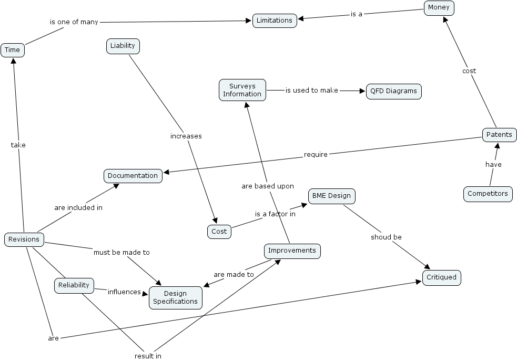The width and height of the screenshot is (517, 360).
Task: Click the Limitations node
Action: pyautogui.click(x=275, y=21)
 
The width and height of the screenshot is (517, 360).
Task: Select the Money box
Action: pyautogui.click(x=439, y=8)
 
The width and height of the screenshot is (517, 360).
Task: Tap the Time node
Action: pyautogui.click(x=12, y=50)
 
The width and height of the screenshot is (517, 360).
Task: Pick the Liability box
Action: pyautogui.click(x=123, y=46)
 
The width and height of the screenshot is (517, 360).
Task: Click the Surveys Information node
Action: pyautogui.click(x=242, y=90)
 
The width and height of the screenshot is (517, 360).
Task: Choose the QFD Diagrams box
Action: pyautogui.click(x=393, y=91)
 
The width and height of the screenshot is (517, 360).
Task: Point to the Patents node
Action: pyautogui.click(x=499, y=135)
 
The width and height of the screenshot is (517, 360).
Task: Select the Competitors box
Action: pyautogui.click(x=488, y=194)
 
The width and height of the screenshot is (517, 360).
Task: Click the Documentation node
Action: pyautogui.click(x=133, y=176)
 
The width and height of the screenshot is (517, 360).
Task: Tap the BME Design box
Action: pyautogui.click(x=331, y=196)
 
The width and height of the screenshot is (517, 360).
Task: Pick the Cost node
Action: pyautogui.click(x=219, y=232)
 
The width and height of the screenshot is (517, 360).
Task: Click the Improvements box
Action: pyautogui.click(x=292, y=251)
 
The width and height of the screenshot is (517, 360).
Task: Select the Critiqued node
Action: pyautogui.click(x=442, y=278)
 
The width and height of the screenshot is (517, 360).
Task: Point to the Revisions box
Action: pyautogui.click(x=24, y=239)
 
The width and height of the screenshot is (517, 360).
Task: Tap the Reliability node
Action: pyautogui.click(x=74, y=286)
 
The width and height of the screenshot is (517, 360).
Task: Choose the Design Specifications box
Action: pyautogui.click(x=176, y=298)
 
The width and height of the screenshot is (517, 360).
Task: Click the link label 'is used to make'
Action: pyautogui.click(x=312, y=91)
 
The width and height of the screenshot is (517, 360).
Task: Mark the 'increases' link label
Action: pyautogui.click(x=186, y=136)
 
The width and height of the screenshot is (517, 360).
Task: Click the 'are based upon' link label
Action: pyautogui.click(x=268, y=186)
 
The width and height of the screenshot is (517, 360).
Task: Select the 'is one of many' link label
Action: pyautogui.click(x=74, y=22)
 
